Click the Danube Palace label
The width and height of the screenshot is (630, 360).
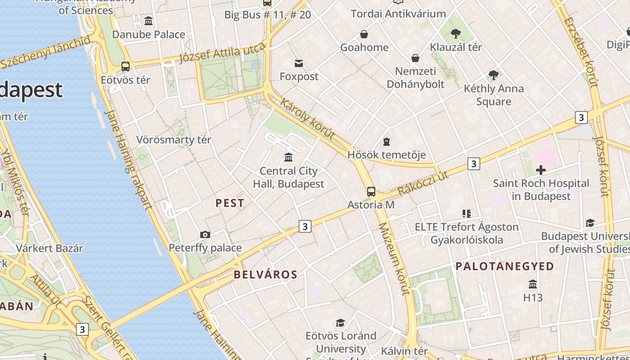(148, 34)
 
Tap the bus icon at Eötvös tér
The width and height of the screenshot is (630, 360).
(126, 67)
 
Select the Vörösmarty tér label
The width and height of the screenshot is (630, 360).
(174, 139)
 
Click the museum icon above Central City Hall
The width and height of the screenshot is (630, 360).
(288, 157)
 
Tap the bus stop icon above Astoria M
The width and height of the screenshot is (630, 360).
(371, 192)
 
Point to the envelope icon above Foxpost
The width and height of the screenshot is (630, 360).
(299, 63)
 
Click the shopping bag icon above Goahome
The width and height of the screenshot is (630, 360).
(364, 34)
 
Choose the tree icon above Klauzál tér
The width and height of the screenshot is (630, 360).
(456, 33)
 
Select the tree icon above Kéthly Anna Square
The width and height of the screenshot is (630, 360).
(494, 75)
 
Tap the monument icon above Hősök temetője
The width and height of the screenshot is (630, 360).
(386, 142)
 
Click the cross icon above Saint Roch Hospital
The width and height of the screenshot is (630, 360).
(541, 170)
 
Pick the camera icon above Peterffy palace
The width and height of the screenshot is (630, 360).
(205, 234)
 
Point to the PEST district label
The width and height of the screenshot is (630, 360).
(230, 203)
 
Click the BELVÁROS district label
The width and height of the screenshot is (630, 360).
(265, 274)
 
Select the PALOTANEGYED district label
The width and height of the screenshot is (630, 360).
(505, 266)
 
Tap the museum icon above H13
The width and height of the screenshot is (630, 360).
(533, 284)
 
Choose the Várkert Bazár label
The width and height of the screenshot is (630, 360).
(49, 248)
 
